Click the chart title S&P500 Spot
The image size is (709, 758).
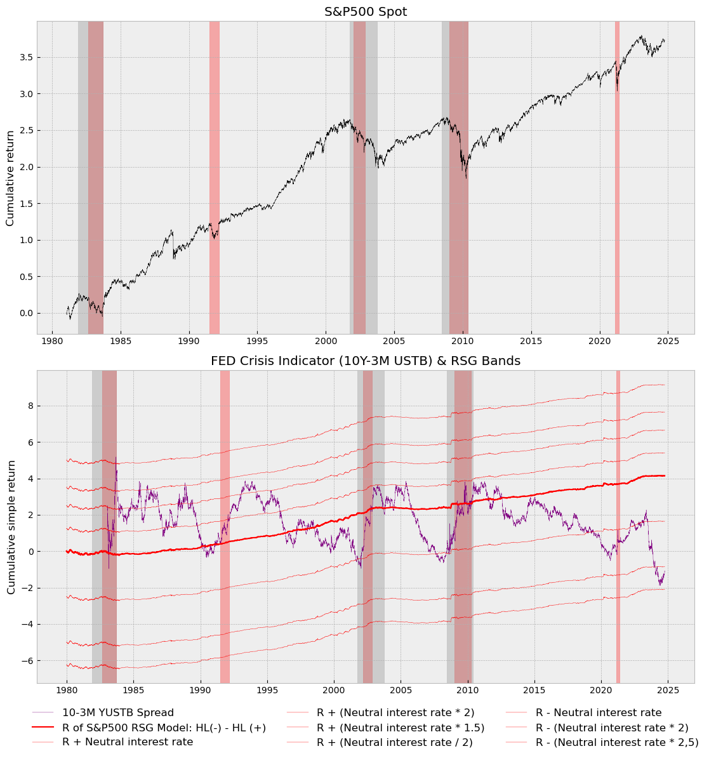365,11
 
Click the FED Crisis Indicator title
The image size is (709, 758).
365,361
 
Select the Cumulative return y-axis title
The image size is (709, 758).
11,178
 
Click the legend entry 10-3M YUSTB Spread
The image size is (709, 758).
117,713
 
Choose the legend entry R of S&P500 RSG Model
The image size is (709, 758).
164,728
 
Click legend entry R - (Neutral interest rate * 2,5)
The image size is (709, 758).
616,741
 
